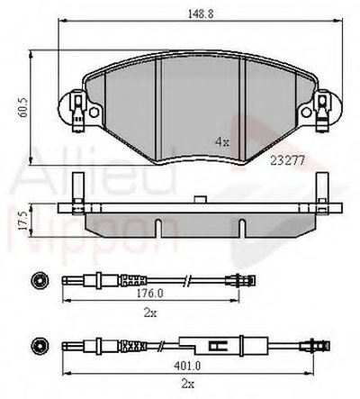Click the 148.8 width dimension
[x=194, y=14]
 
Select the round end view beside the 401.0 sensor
[x=39, y=345]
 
